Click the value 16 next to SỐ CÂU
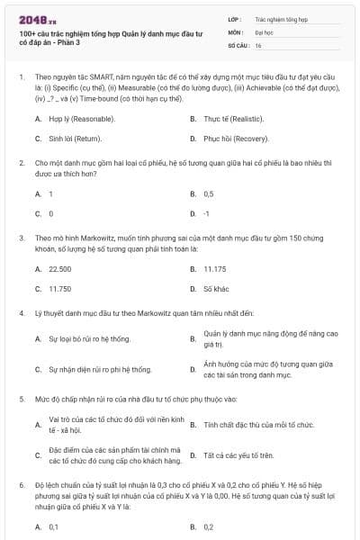click(258, 44)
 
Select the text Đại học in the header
click(264, 31)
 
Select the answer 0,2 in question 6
click(209, 526)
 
